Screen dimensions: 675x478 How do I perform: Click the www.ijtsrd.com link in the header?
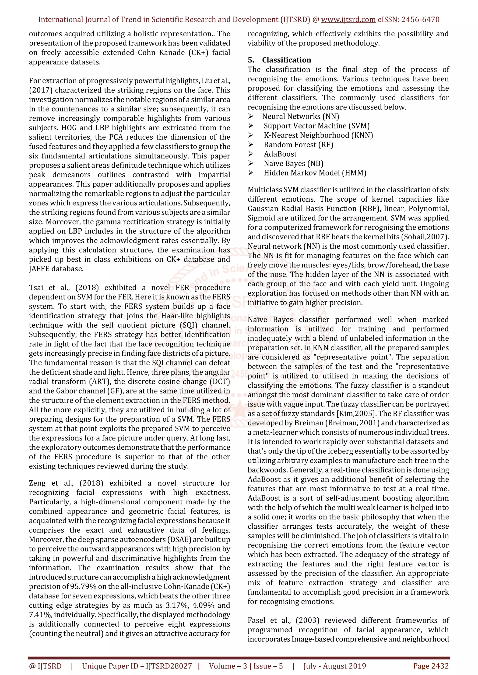348,20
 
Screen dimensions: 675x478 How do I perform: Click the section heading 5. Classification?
279,60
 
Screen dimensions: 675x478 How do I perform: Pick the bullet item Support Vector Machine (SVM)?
316,126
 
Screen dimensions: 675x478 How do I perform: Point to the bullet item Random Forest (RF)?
298,145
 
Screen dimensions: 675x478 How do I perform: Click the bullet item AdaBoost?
280,154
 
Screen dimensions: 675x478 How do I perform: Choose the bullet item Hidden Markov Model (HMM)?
315,173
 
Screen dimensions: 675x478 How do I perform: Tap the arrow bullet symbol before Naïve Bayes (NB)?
250,163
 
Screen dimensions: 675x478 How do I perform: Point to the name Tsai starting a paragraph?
36,288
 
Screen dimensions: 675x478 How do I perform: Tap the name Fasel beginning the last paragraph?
256,621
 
